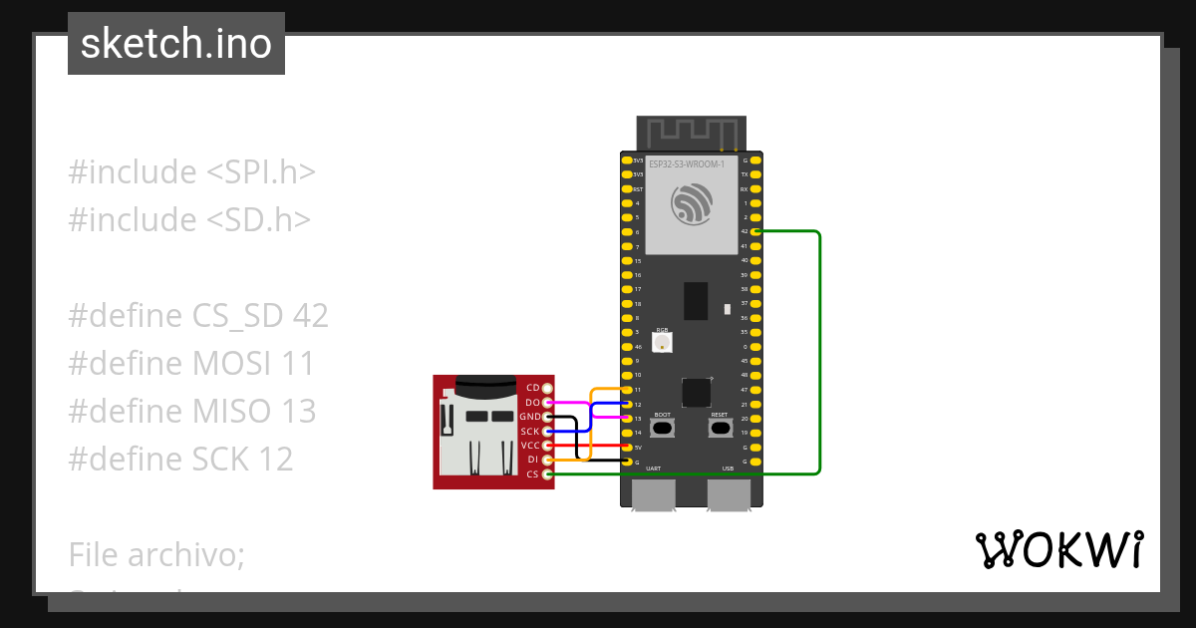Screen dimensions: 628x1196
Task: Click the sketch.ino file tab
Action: pos(175,44)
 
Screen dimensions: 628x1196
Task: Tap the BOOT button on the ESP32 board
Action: pos(663,428)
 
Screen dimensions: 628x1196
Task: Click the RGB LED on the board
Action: pos(662,342)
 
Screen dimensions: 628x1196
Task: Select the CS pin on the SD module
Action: pos(547,474)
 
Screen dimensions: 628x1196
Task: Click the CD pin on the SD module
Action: pos(547,387)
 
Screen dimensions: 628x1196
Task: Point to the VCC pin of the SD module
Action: pos(547,446)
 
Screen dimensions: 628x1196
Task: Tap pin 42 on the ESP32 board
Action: pos(756,231)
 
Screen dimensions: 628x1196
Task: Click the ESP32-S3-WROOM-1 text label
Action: pos(686,163)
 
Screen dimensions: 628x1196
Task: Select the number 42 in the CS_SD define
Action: pos(310,316)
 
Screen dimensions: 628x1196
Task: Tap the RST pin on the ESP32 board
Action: pos(627,188)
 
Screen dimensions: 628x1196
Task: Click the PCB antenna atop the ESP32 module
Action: pos(691,132)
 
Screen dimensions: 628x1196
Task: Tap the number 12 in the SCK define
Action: pos(274,459)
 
